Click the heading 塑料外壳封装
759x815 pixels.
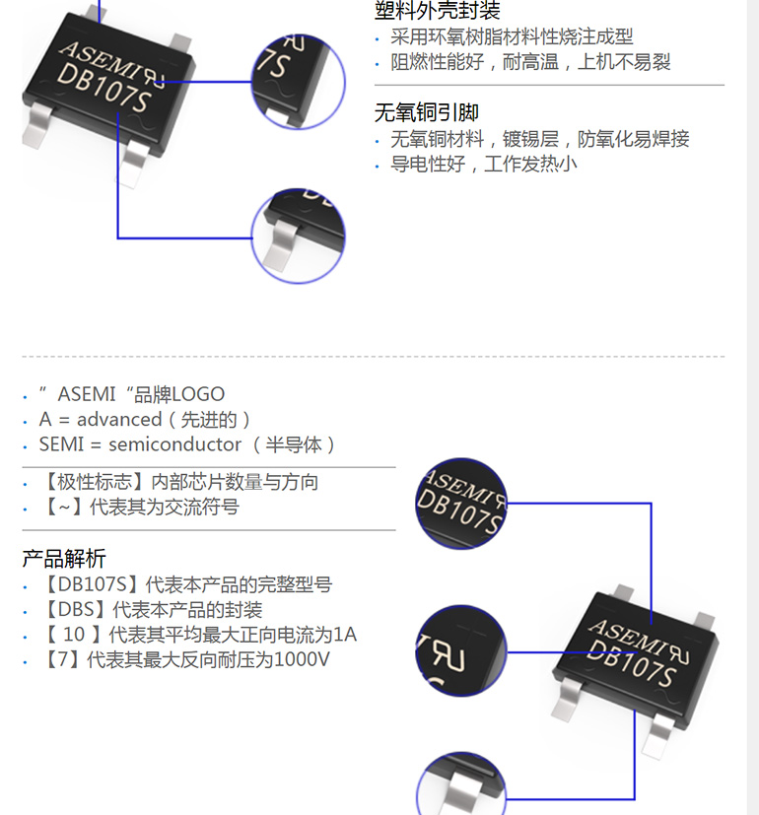coord(437,11)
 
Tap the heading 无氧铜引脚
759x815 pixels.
coord(426,112)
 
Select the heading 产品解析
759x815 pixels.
coord(64,559)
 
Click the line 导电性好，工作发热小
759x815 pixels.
coord(483,164)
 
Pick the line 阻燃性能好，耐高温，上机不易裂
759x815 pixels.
coord(530,62)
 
